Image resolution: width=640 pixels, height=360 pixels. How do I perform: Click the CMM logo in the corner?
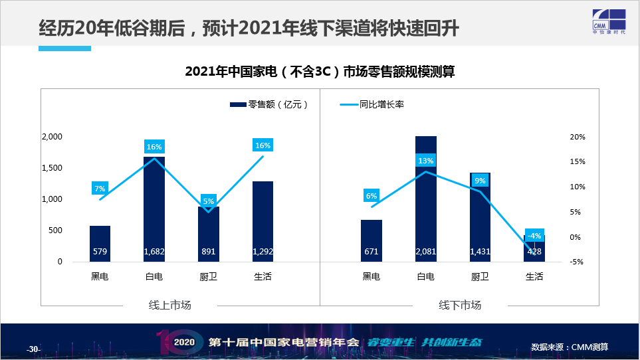point(609,22)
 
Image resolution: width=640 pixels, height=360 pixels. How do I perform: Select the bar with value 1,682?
point(154,209)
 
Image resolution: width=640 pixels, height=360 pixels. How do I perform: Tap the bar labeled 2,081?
point(426,199)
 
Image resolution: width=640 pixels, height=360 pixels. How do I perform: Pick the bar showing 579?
point(100,244)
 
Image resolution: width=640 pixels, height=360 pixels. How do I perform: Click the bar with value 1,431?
point(480,217)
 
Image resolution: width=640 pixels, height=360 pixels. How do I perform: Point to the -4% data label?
point(534,236)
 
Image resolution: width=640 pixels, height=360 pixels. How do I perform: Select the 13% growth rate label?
point(426,161)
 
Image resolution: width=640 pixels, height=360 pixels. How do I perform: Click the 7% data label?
point(100,189)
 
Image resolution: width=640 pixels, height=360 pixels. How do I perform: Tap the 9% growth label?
point(480,180)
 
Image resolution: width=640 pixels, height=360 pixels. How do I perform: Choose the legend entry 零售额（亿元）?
point(269,104)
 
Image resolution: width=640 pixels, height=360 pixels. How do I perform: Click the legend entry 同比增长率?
point(372,104)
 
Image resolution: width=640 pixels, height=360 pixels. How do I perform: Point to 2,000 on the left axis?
point(53,137)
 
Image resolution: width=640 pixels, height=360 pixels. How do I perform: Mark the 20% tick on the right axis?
point(578,137)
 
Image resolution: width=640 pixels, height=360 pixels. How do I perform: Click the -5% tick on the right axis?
point(577,262)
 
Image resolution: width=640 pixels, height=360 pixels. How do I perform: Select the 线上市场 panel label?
point(169,305)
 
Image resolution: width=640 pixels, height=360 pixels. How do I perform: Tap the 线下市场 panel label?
point(460,305)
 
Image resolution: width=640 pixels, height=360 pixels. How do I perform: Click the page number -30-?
point(33,349)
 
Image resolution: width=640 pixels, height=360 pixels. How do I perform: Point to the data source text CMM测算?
point(589,347)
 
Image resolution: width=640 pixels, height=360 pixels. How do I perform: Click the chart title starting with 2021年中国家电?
point(320,71)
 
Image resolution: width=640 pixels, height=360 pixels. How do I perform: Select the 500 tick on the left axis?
point(56,230)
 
